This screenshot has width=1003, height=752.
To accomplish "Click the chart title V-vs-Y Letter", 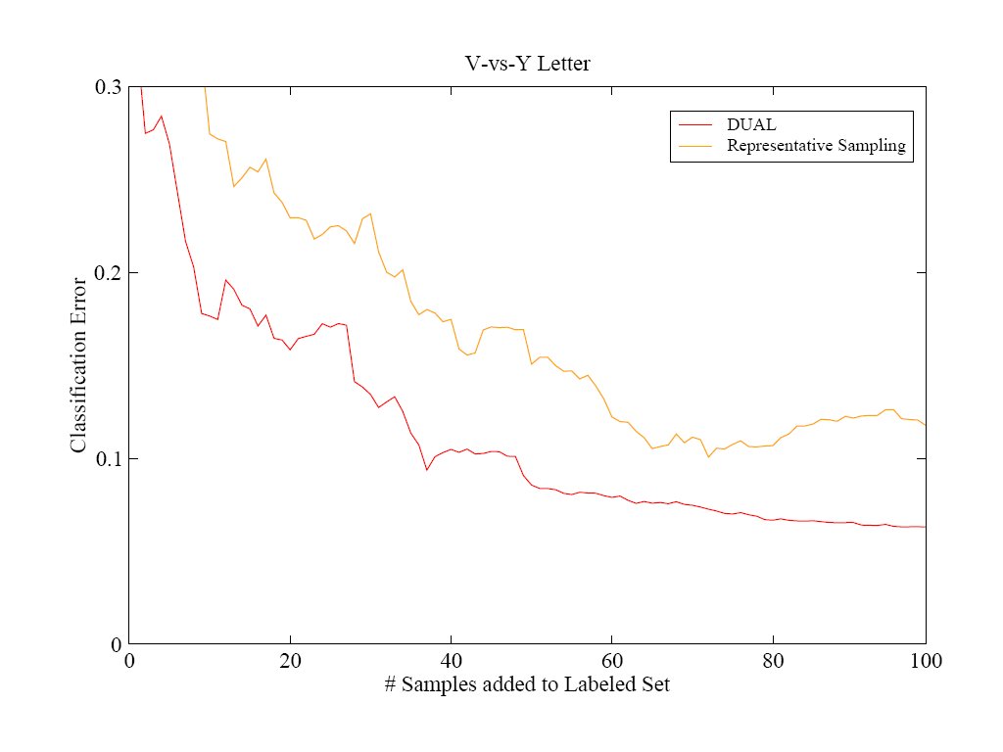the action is pyautogui.click(x=527, y=64).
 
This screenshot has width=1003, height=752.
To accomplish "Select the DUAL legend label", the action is pyautogui.click(x=751, y=124).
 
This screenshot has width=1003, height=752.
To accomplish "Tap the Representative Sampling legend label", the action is pyautogui.click(x=816, y=146).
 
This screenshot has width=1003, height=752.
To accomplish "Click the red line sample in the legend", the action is pyautogui.click(x=695, y=124).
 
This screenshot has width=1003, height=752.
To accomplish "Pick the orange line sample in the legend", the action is pyautogui.click(x=695, y=146).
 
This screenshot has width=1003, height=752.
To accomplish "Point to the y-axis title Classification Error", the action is pyautogui.click(x=78, y=365).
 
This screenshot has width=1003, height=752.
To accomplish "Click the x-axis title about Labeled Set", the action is pyautogui.click(x=527, y=684).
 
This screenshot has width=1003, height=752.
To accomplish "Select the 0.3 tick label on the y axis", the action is pyautogui.click(x=108, y=87).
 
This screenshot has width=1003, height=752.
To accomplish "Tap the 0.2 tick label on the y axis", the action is pyautogui.click(x=108, y=273).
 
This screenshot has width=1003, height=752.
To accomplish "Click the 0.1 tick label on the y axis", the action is pyautogui.click(x=108, y=459).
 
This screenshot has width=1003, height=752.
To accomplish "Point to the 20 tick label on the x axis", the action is pyautogui.click(x=290, y=661).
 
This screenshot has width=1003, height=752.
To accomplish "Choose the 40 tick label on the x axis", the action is pyautogui.click(x=451, y=661).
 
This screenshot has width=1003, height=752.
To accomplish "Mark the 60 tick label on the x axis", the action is pyautogui.click(x=612, y=661).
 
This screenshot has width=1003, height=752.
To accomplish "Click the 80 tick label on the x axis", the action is pyautogui.click(x=773, y=661).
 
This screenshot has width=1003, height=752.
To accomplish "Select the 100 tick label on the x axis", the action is pyautogui.click(x=927, y=661).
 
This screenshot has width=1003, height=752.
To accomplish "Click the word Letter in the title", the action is pyautogui.click(x=563, y=64).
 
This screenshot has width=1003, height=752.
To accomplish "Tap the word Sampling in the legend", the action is pyautogui.click(x=872, y=147).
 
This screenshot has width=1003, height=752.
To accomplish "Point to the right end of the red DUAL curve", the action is pyautogui.click(x=926, y=527).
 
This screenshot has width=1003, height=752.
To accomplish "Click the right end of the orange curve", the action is pyautogui.click(x=926, y=425).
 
